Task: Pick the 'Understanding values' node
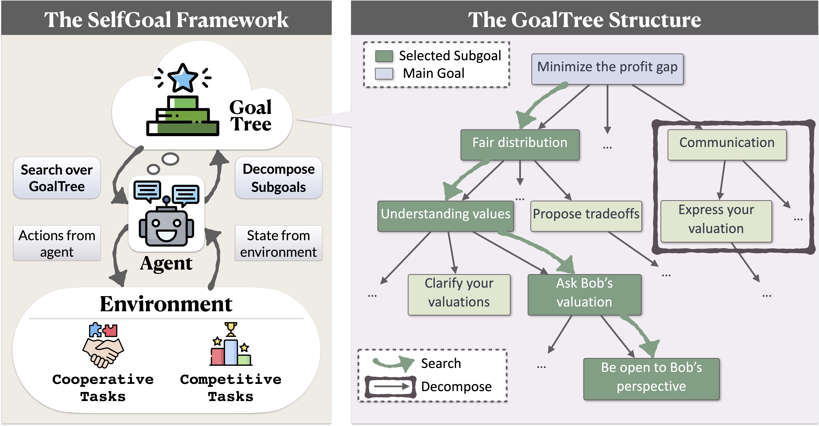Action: pyautogui.click(x=445, y=216)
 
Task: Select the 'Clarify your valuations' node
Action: pyautogui.click(x=459, y=295)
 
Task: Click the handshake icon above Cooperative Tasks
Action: pyautogui.click(x=103, y=352)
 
